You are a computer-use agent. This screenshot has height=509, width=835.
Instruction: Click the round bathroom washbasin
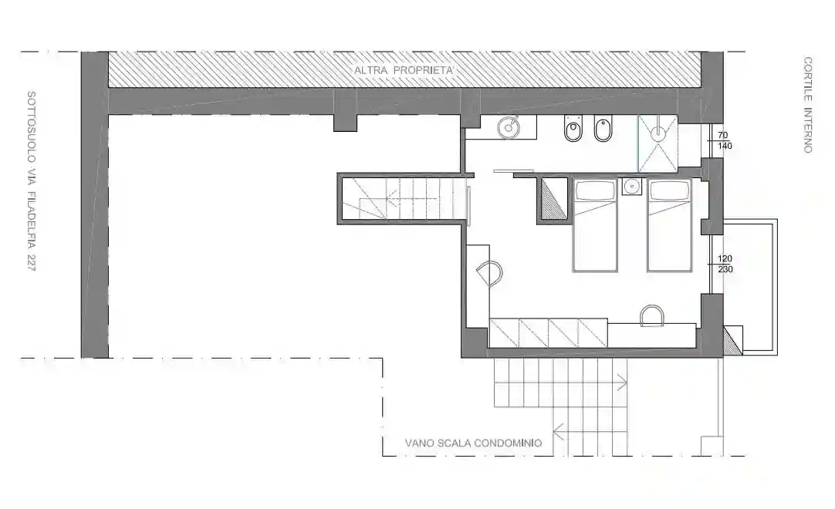(509, 126)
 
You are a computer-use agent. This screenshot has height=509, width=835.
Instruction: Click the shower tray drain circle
(658, 133)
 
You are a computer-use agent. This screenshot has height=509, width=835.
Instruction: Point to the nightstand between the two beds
(632, 186)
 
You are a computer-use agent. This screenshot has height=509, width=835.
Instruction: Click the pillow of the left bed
(594, 190)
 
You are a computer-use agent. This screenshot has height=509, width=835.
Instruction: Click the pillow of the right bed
(668, 190)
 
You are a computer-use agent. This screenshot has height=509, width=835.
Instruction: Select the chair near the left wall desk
(488, 271)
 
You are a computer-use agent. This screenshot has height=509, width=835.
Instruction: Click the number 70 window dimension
(724, 133)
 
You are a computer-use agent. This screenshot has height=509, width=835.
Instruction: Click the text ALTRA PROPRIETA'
(404, 70)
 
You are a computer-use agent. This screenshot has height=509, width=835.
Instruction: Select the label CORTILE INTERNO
(807, 104)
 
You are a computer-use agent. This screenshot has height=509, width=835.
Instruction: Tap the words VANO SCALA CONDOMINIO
(473, 443)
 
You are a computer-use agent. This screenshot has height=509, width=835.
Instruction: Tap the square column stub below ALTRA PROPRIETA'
(345, 122)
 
